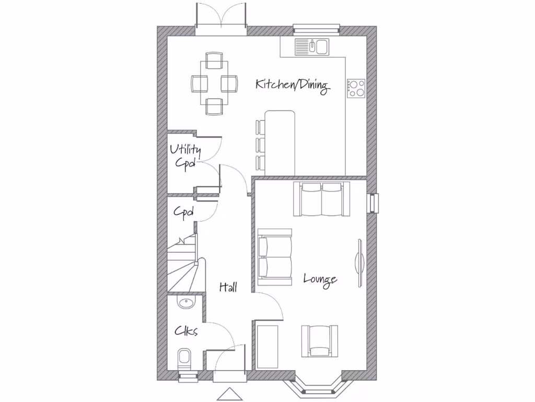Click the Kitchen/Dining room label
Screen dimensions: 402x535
(292, 85)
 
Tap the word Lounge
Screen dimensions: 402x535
(320, 280)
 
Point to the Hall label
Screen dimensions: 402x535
(228, 287)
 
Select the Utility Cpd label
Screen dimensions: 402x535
(185, 157)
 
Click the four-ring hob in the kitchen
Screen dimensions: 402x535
(356, 88)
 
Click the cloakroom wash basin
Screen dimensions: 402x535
(184, 303)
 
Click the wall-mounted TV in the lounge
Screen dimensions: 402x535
(359, 262)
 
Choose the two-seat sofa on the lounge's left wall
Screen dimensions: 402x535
(275, 256)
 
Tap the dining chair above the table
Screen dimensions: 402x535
(214, 60)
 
